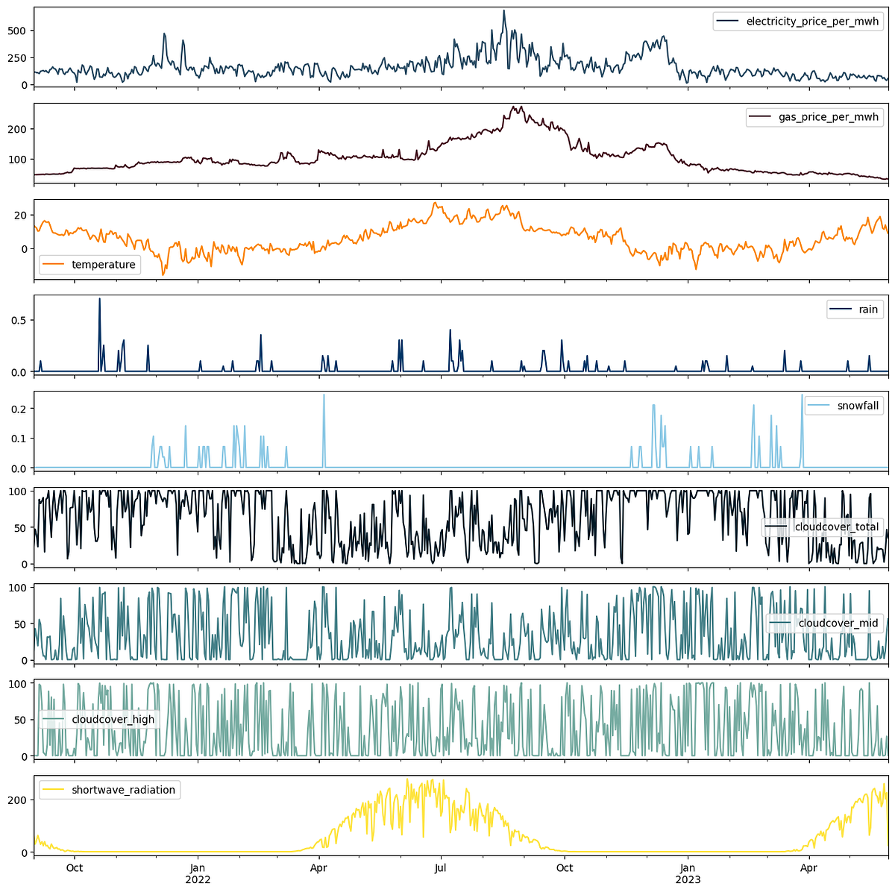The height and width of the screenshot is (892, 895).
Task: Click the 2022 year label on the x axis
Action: tap(198, 879)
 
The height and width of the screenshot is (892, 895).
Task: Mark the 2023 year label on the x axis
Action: tap(688, 879)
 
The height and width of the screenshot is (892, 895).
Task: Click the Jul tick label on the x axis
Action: tap(441, 867)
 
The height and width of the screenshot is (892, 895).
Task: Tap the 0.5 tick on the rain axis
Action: tap(20, 320)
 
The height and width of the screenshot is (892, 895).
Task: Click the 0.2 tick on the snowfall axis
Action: tap(20, 409)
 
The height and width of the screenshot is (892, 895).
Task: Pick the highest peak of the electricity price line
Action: tap(504, 10)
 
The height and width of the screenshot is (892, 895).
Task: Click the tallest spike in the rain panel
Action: tap(99, 299)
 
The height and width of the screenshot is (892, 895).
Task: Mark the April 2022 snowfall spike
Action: tap(324, 395)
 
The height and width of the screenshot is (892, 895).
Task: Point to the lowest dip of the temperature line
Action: tap(163, 275)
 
